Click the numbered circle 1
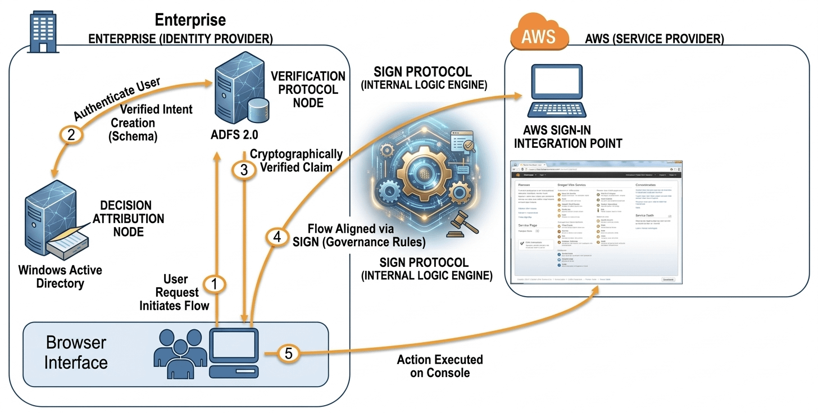(x=214, y=284)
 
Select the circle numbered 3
(x=244, y=171)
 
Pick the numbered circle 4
(x=276, y=238)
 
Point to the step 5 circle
(x=288, y=353)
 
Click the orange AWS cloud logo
(x=538, y=35)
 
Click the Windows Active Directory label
(x=60, y=276)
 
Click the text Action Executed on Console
(x=440, y=366)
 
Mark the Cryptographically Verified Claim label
(x=296, y=160)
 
